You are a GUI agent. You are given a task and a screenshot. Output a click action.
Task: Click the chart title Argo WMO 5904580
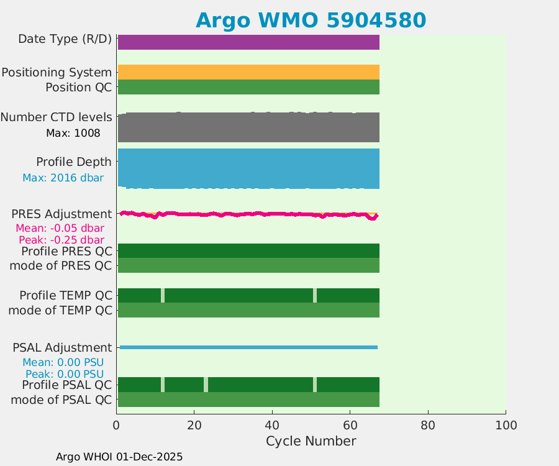tap(311, 20)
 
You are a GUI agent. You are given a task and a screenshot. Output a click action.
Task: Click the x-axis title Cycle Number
tap(311, 441)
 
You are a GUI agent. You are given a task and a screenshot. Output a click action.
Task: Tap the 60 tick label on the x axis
tap(350, 425)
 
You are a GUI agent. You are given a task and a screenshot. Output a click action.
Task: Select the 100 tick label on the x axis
tap(506, 425)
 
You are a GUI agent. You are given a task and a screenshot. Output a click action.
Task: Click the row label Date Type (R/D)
tap(65, 39)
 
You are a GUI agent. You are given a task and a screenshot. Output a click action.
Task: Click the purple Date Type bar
tap(248, 42)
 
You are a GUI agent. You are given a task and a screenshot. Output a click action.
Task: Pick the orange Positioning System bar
tap(248, 72)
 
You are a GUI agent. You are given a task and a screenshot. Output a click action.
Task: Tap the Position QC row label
tap(78, 87)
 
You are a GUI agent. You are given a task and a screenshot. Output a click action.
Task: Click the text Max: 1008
tap(73, 133)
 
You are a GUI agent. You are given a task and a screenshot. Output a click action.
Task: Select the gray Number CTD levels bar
tap(248, 128)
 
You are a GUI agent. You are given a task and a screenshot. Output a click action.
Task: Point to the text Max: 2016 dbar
tap(63, 178)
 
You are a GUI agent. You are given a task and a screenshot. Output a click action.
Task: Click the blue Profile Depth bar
tap(248, 168)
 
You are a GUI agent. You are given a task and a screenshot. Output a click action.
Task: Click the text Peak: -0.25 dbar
tap(61, 240)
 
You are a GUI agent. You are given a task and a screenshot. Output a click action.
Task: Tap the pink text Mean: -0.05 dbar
tap(60, 228)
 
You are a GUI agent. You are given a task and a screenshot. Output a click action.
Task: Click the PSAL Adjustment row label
tap(62, 347)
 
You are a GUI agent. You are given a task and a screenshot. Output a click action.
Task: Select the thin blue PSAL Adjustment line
tap(248, 347)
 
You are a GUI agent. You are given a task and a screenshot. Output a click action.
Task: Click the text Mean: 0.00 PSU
tap(63, 362)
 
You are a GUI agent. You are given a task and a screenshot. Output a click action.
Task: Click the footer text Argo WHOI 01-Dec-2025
tap(119, 457)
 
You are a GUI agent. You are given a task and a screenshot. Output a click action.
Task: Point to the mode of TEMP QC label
tap(60, 310)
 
